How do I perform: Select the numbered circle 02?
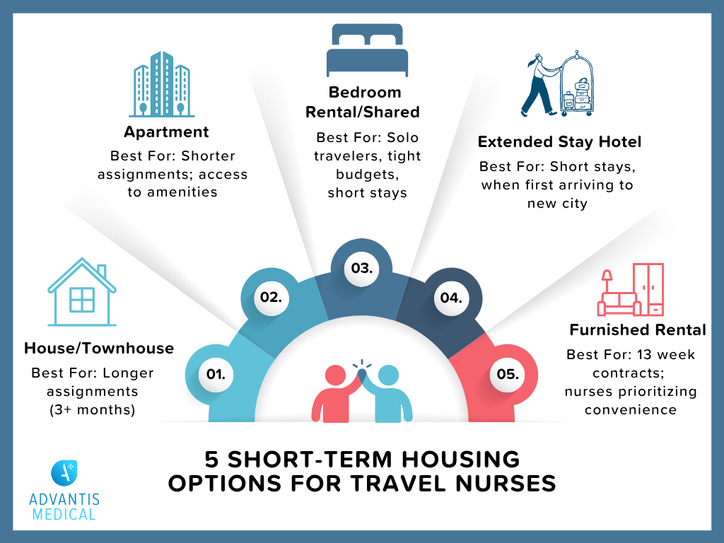[x=270, y=297]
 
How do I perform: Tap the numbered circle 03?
[x=361, y=268]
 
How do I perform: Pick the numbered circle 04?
[x=450, y=297]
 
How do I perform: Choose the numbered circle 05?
[x=507, y=374]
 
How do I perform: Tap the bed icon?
[x=368, y=51]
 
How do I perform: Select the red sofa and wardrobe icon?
[x=631, y=290]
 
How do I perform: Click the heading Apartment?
[x=166, y=132]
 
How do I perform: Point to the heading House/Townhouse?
[x=99, y=348]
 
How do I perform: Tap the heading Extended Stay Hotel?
[x=559, y=142]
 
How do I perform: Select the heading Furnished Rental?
[x=637, y=330]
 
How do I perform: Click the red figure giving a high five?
[x=335, y=392]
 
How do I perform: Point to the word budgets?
[x=368, y=174]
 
